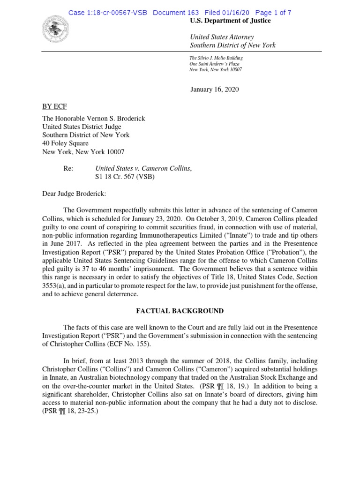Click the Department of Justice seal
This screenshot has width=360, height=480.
[55, 29]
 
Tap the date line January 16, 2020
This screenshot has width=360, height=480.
[214, 90]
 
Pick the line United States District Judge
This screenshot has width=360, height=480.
[82, 127]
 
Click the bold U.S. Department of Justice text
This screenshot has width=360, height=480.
[230, 21]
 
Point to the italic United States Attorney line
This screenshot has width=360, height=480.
[222, 37]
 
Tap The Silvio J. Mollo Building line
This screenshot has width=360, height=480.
[216, 58]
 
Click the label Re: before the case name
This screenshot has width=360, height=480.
[68, 168]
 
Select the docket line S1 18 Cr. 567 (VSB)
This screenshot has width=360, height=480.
[125, 177]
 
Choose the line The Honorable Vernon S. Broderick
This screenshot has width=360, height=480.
[94, 119]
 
